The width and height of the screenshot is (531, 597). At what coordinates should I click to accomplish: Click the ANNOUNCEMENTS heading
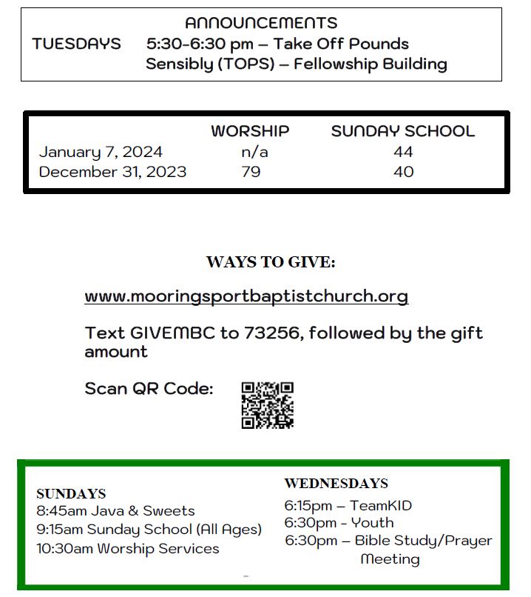(x=260, y=23)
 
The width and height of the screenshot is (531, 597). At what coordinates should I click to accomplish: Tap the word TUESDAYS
(x=77, y=44)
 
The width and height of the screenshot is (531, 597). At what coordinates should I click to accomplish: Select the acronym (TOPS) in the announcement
(x=245, y=64)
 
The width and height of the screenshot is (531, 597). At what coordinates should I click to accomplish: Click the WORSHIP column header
(x=250, y=131)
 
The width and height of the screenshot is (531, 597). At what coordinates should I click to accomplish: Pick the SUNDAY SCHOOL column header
(x=402, y=131)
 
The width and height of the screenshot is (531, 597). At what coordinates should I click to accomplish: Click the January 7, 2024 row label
(x=101, y=152)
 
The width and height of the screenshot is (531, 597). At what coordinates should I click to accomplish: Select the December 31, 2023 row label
(x=112, y=172)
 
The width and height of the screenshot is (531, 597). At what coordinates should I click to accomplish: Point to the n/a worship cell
(x=254, y=152)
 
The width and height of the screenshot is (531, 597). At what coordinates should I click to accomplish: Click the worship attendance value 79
(x=251, y=172)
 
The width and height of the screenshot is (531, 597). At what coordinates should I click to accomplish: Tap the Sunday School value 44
(x=404, y=152)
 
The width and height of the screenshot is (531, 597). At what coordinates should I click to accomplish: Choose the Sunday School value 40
(x=404, y=172)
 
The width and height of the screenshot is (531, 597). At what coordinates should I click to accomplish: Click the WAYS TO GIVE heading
(x=271, y=262)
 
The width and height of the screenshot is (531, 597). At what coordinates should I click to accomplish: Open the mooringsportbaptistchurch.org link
(x=246, y=296)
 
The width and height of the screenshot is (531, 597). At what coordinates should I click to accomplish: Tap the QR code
(x=268, y=405)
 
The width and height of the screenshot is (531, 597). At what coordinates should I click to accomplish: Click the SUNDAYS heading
(x=71, y=493)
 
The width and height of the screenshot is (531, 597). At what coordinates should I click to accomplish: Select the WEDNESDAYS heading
(x=336, y=483)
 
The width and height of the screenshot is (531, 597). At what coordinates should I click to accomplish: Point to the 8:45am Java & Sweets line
(x=115, y=510)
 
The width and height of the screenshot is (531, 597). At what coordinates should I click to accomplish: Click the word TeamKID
(x=381, y=506)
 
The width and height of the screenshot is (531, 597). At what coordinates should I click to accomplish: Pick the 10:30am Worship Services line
(x=128, y=548)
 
